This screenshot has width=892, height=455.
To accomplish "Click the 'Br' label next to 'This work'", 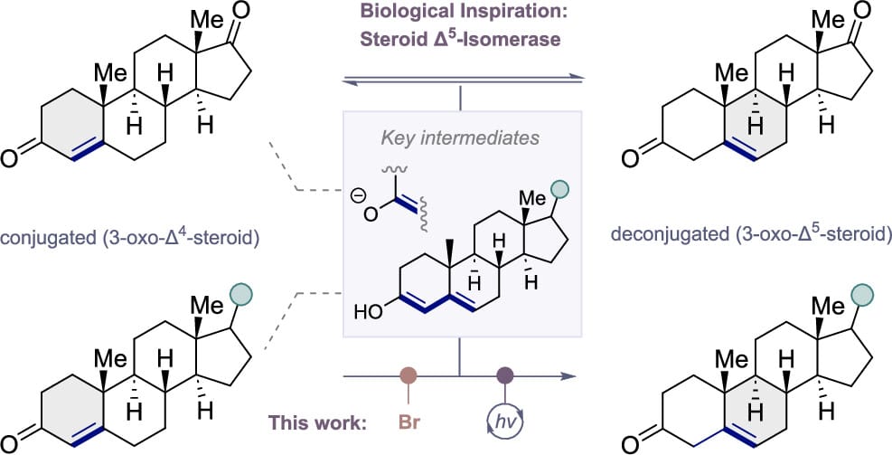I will click(408, 422).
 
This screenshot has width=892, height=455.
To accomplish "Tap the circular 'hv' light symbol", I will click(505, 421).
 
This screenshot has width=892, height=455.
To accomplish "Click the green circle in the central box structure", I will click(560, 189).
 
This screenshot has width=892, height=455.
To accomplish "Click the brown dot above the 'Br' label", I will click(408, 374).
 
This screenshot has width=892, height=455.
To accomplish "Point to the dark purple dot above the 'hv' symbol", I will click(505, 374).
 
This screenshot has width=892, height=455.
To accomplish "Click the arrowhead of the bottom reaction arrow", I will click(568, 374).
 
